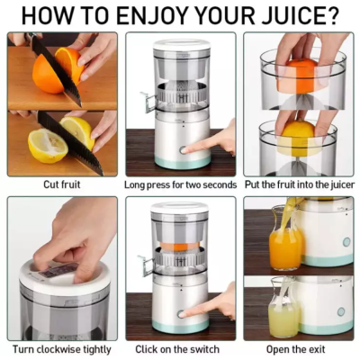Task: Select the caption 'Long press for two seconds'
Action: pyautogui.click(x=180, y=184)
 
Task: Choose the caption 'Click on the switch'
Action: pyautogui.click(x=180, y=348)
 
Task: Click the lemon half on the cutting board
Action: pyautogui.click(x=47, y=144)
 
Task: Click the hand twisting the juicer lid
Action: pyautogui.click(x=76, y=243)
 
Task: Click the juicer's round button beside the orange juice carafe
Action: pyautogui.click(x=344, y=241)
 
